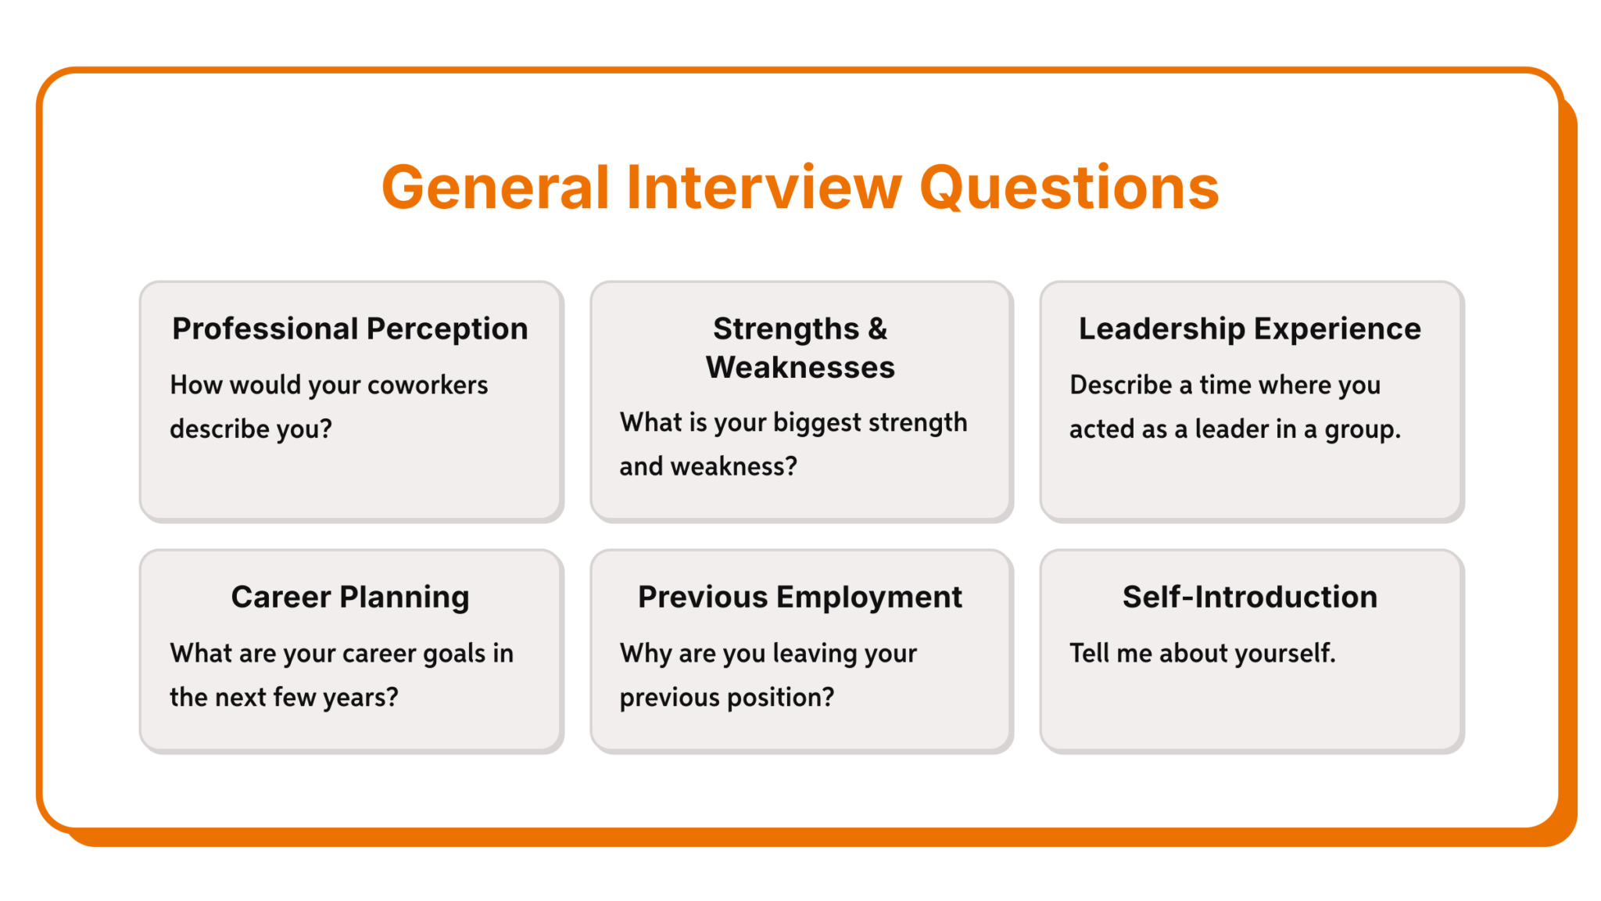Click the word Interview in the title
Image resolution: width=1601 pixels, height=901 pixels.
tap(764, 188)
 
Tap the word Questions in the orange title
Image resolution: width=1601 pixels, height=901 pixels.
tap(1069, 189)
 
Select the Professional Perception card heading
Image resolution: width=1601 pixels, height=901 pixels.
tap(349, 329)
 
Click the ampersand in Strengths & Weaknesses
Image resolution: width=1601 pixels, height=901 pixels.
tap(877, 329)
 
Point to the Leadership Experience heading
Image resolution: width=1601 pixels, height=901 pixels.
tap(1249, 329)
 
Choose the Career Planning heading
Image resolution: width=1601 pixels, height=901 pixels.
tap(349, 598)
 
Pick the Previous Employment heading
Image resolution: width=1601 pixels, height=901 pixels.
tap(800, 598)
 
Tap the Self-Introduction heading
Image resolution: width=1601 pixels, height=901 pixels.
tap(1249, 598)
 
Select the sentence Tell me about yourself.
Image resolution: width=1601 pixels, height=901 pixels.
tap(1202, 653)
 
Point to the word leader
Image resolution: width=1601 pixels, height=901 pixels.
tap(1231, 429)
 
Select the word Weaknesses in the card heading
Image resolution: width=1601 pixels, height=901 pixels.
tap(800, 368)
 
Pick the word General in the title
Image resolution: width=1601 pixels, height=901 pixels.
tap(495, 188)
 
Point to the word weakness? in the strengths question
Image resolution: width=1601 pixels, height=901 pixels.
tap(733, 467)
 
